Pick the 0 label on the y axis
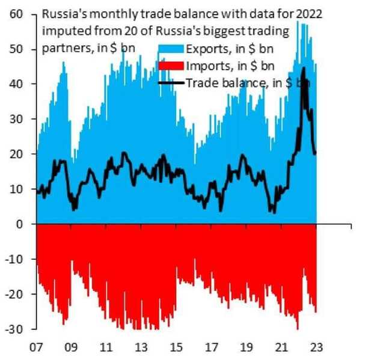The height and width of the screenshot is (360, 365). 22,224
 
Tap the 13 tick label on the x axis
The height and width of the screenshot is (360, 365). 142,347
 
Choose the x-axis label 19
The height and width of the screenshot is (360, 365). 246,347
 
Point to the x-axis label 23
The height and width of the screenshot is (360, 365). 316,347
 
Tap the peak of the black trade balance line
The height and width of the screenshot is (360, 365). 304,68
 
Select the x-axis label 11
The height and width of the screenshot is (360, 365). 107,347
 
